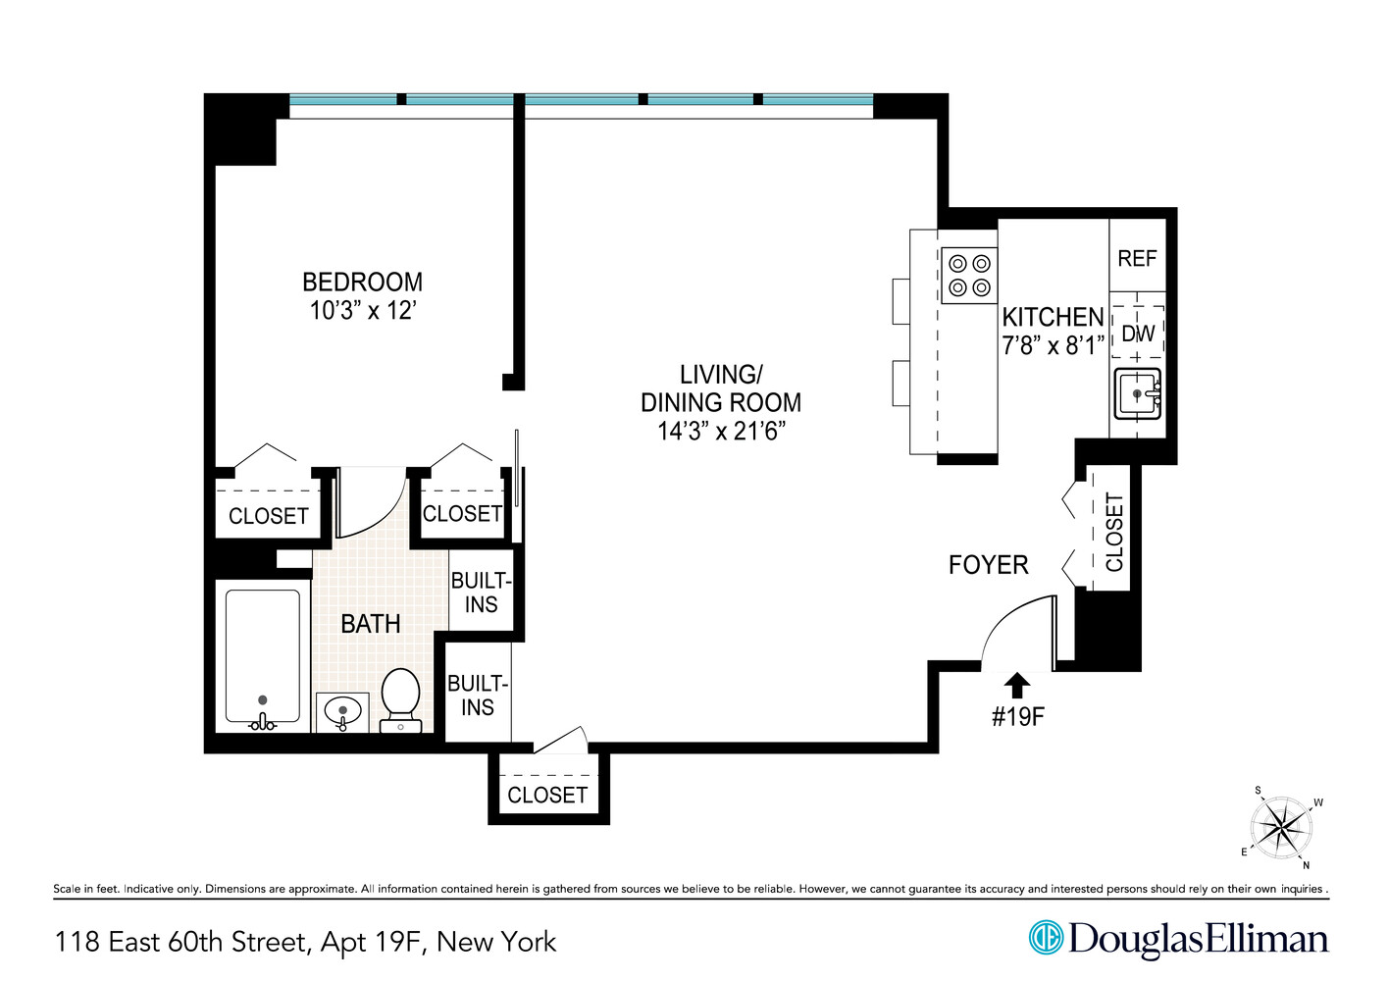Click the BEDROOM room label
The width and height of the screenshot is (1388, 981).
(x=362, y=283)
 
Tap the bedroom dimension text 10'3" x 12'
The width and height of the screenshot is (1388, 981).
(x=362, y=311)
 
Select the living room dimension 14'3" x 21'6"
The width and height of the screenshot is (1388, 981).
(x=721, y=432)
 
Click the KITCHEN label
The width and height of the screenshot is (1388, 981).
(x=1053, y=318)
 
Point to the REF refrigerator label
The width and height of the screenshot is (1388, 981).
(x=1137, y=259)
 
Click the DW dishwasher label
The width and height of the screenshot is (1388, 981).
(x=1138, y=334)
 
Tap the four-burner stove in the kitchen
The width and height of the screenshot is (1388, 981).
(x=968, y=276)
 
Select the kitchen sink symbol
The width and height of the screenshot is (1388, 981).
(x=1138, y=394)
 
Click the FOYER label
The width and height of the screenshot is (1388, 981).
(x=988, y=565)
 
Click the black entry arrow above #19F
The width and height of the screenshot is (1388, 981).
(x=1017, y=685)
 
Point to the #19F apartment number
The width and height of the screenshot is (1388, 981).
(x=1017, y=717)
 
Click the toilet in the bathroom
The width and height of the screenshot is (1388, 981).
(x=400, y=698)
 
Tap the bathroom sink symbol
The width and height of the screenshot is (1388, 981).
(x=342, y=711)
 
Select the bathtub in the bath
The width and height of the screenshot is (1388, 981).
(x=263, y=655)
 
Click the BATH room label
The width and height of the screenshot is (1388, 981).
(x=370, y=624)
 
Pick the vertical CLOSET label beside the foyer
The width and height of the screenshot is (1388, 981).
(x=1114, y=533)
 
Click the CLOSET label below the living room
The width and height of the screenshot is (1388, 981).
(x=547, y=796)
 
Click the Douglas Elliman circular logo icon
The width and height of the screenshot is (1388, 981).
(x=1046, y=938)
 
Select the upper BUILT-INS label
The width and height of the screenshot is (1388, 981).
(x=481, y=593)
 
